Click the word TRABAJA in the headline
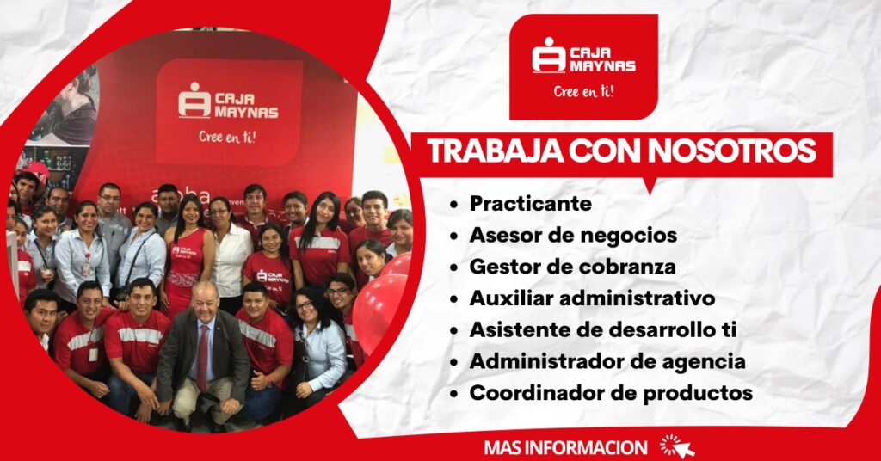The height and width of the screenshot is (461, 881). [x=494, y=151]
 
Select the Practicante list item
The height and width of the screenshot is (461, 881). [x=530, y=203]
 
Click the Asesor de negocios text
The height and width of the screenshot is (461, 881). [x=573, y=236]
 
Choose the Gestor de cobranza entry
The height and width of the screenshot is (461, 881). [x=572, y=267]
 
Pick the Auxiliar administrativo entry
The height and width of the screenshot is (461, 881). [x=592, y=298]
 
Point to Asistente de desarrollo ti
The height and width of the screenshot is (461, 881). [x=603, y=329]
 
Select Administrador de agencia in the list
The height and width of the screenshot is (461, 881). [x=607, y=361]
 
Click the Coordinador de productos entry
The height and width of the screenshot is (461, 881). [x=611, y=393]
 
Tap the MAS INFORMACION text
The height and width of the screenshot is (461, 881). [x=565, y=447]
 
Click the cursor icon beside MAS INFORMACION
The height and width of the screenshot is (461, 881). [x=677, y=446]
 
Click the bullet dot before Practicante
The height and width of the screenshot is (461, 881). [x=453, y=205]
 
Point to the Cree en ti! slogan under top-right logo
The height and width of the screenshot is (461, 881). [x=584, y=91]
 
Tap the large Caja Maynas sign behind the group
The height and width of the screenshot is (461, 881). [x=228, y=112]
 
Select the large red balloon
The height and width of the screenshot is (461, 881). [x=379, y=309]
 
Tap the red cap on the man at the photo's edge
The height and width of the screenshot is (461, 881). [x=35, y=170]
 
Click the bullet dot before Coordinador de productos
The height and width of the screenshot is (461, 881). [x=453, y=394]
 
